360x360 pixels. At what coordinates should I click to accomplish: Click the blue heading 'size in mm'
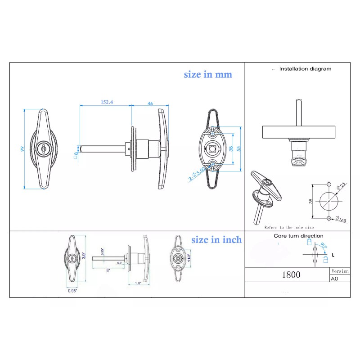click(x=208, y=75)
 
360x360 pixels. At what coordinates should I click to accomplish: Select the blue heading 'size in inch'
click(x=216, y=240)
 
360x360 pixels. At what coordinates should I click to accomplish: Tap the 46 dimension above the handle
click(x=150, y=103)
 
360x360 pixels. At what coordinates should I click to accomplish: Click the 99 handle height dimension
click(x=22, y=149)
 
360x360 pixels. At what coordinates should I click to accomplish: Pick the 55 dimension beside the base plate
click(x=239, y=148)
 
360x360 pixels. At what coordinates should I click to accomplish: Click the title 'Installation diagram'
click(x=305, y=69)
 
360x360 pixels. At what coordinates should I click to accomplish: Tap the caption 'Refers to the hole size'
click(x=289, y=228)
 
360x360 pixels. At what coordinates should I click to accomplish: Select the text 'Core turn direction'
click(x=298, y=236)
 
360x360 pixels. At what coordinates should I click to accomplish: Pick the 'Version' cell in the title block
click(x=340, y=271)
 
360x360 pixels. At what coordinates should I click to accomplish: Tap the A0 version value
click(x=334, y=279)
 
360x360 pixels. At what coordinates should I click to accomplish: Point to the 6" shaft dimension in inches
click(x=108, y=270)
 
